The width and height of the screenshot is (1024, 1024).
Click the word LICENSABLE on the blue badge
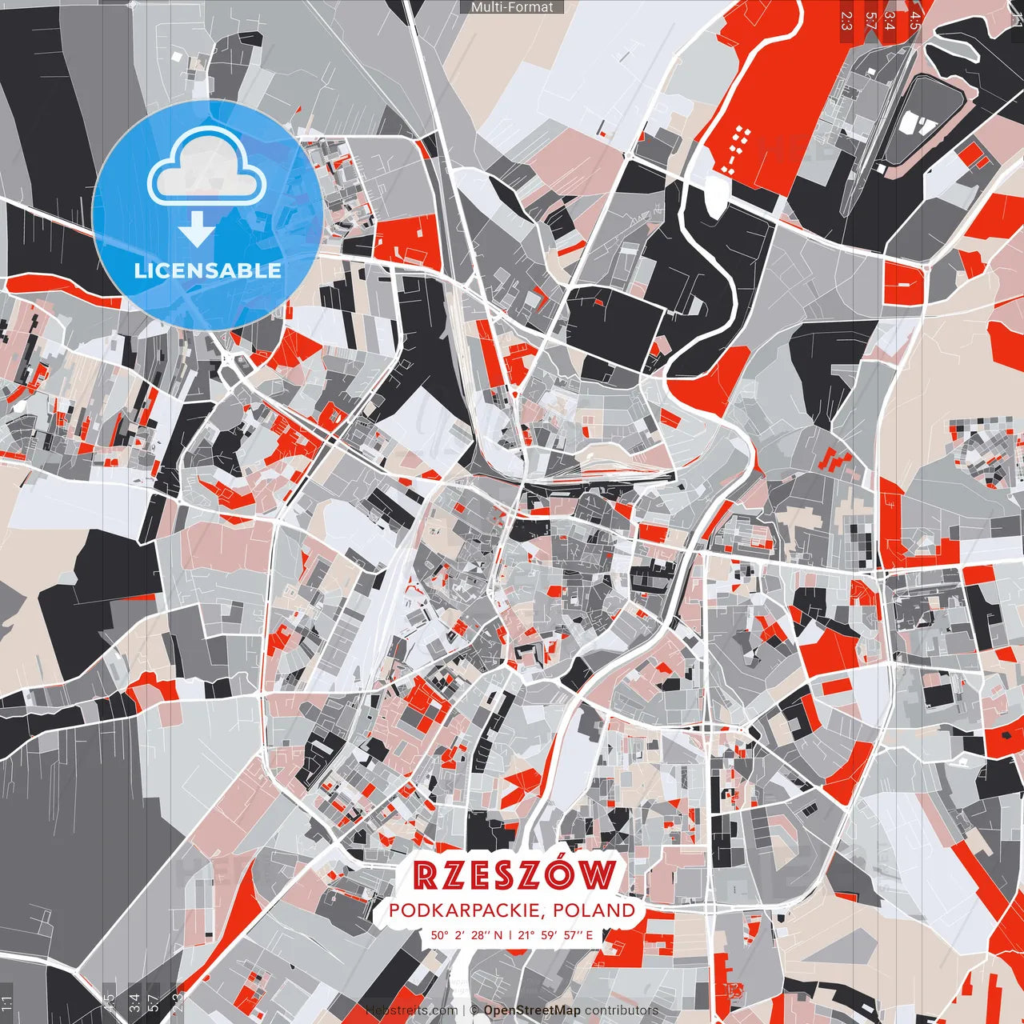coord(207,270)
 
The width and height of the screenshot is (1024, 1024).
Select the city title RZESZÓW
coord(516,876)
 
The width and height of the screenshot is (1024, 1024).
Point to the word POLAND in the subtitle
coord(598,910)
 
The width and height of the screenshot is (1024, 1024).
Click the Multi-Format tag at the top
coord(512,7)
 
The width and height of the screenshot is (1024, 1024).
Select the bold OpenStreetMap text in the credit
coord(532,1010)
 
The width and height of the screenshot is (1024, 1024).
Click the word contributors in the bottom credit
coord(622,1010)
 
